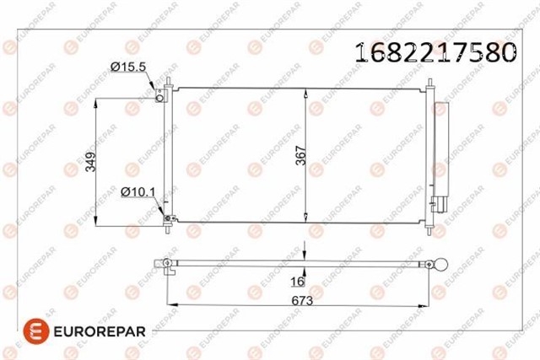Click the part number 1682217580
point(435,52)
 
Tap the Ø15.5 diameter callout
point(128,67)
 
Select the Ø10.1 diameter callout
point(138,192)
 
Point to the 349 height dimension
point(90,162)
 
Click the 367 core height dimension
point(300,156)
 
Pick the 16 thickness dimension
point(298,282)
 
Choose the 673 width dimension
point(302,301)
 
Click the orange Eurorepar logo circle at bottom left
point(36,331)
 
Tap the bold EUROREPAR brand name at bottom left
point(100,331)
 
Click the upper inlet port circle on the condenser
point(159,98)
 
